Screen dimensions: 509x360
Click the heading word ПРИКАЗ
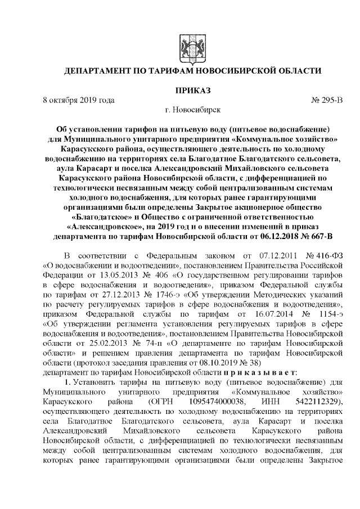pos(193,90)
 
